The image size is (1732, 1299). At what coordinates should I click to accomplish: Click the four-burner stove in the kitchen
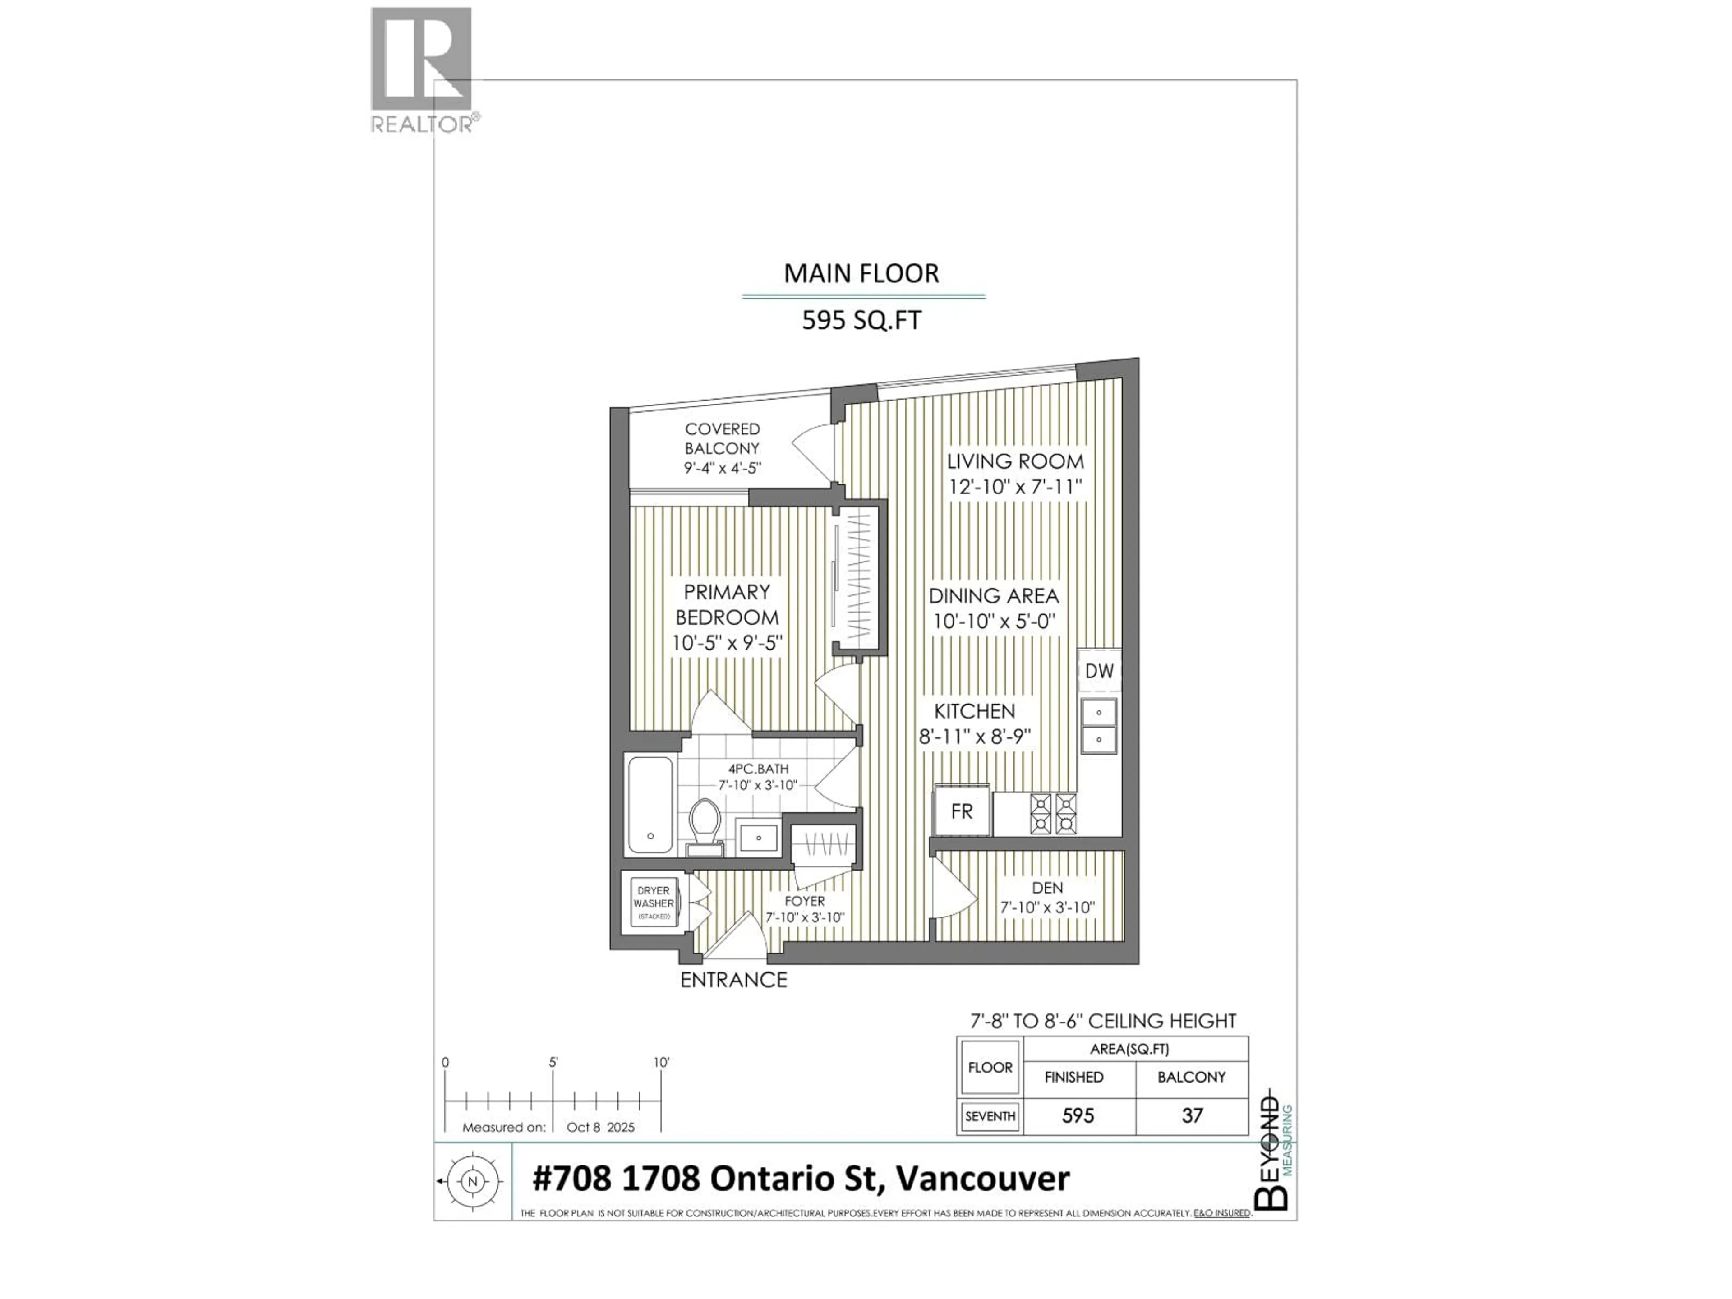coord(1053,814)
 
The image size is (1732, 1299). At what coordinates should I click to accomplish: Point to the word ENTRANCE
coord(734,980)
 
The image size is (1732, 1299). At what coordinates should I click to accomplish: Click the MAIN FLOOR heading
coord(861,273)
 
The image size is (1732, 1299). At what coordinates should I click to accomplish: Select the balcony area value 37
coord(1192,1115)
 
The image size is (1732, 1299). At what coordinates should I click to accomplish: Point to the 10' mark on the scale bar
coord(662,1063)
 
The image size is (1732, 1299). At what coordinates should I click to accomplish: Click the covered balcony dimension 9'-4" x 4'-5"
coord(722,468)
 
